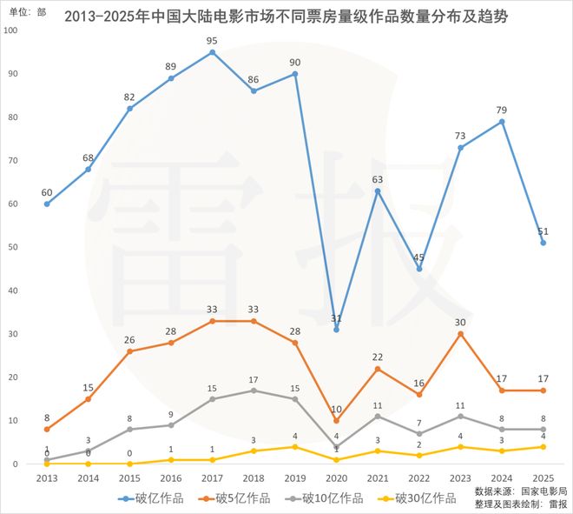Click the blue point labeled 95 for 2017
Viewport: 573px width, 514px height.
point(212,52)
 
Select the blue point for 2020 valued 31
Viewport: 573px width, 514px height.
point(336,330)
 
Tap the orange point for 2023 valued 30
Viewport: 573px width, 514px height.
point(460,334)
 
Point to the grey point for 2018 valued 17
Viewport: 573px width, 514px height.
point(254,391)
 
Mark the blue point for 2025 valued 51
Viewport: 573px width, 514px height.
point(543,243)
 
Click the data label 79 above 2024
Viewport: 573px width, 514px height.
point(502,110)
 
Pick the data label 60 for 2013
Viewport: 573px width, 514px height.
point(47,192)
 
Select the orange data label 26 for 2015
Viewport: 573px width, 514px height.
point(129,339)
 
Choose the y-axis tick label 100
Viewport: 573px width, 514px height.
point(10,30)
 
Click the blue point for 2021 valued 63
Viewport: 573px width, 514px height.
point(378,190)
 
